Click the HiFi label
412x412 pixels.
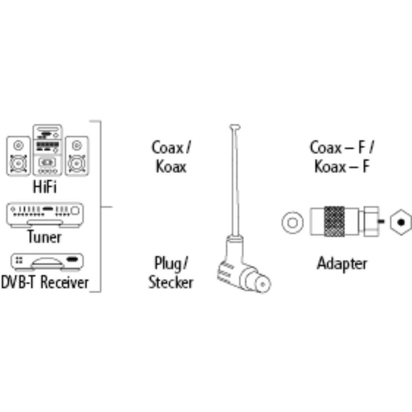pyautogui.click(x=45, y=187)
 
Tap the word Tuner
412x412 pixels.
pyautogui.click(x=44, y=237)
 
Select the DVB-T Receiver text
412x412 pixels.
pyautogui.click(x=45, y=282)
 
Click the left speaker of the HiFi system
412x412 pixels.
pyautogui.click(x=18, y=156)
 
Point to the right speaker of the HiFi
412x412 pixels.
pyautogui.click(x=77, y=156)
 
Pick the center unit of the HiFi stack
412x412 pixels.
pyautogui.click(x=47, y=150)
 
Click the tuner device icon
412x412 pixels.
pyautogui.click(x=45, y=214)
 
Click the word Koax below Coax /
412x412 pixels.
pyautogui.click(x=171, y=166)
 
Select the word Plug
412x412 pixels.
pyautogui.click(x=166, y=263)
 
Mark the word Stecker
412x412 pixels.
pyautogui.click(x=171, y=282)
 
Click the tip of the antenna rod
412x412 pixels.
pyautogui.click(x=235, y=127)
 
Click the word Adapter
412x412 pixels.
pyautogui.click(x=342, y=263)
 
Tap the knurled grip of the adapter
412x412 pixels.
pyautogui.click(x=334, y=222)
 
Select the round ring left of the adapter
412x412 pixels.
pyautogui.click(x=293, y=222)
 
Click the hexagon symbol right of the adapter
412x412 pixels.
pyautogui.click(x=401, y=222)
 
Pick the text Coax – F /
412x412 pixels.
pyautogui.click(x=342, y=147)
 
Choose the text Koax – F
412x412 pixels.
pyautogui.click(x=342, y=166)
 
